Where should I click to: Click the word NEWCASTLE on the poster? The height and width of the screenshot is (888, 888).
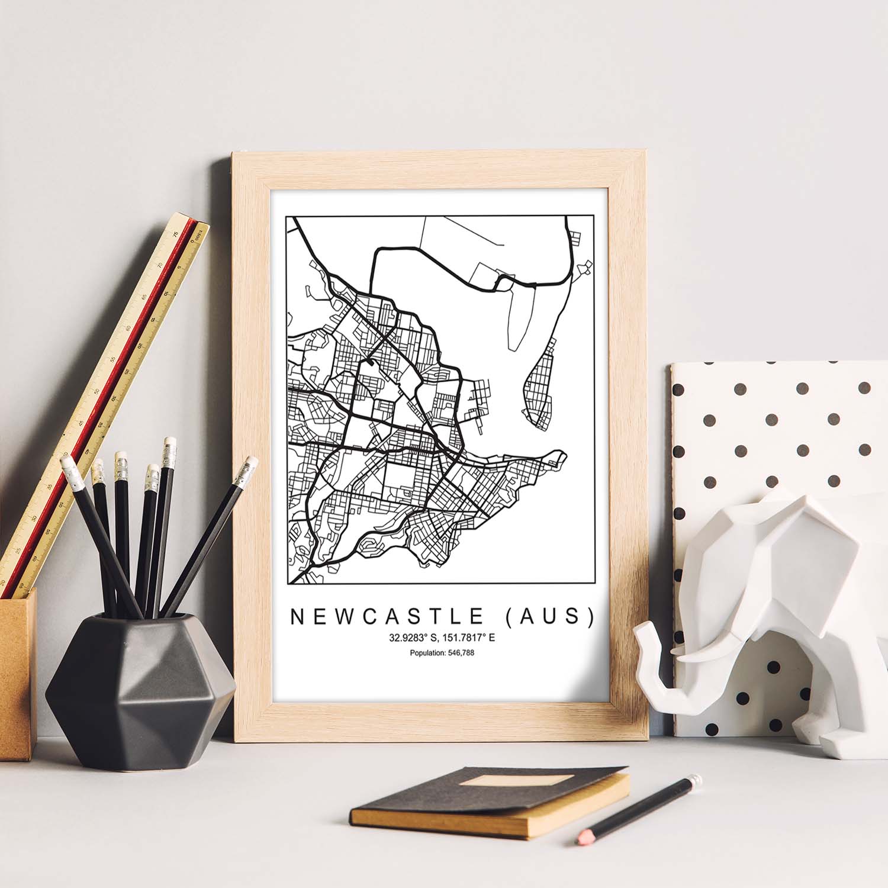tap(387, 616)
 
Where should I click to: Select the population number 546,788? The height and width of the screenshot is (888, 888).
tap(456, 653)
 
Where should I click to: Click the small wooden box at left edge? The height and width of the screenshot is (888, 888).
tap(17, 675)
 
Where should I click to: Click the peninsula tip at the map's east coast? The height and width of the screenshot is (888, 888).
tap(559, 457)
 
